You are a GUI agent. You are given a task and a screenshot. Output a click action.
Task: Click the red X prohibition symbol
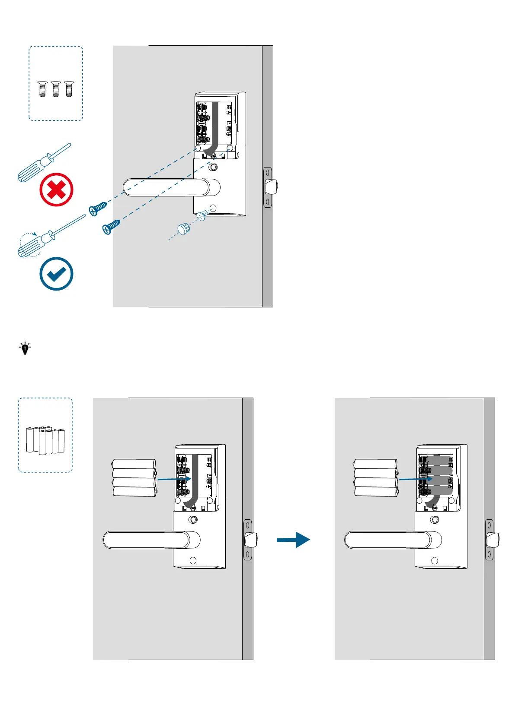pyautogui.click(x=56, y=190)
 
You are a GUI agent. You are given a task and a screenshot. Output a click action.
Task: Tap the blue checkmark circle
pyautogui.click(x=56, y=274)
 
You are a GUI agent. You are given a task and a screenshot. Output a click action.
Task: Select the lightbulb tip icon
pyautogui.click(x=25, y=348)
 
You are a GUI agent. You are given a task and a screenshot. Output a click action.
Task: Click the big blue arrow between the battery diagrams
pyautogui.click(x=294, y=540)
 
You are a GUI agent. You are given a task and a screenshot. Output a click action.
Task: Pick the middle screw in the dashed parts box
pyautogui.click(x=55, y=89)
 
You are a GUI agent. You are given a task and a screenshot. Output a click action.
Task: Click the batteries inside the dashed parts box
pyautogui.click(x=45, y=440)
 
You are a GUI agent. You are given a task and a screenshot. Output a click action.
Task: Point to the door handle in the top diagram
pyautogui.click(x=169, y=187)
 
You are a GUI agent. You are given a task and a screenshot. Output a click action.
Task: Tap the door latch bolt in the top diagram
pyautogui.click(x=271, y=187)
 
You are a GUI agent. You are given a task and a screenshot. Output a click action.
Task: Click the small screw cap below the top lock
pyautogui.click(x=184, y=228)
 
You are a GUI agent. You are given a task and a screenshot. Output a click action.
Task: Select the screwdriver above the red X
pyautogui.click(x=44, y=162)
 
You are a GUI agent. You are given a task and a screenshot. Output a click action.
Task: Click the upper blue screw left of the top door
pyautogui.click(x=98, y=209)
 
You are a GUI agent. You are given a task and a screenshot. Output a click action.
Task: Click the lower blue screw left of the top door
pyautogui.click(x=111, y=227)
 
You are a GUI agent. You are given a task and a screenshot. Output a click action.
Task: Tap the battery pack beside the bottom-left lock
pyautogui.click(x=134, y=478)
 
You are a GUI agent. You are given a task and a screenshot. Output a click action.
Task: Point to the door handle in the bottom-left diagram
pyautogui.click(x=149, y=540)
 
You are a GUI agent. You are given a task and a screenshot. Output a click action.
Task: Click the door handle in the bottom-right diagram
pyautogui.click(x=391, y=540)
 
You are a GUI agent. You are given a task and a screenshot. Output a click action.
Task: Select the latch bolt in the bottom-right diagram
pyautogui.click(x=493, y=540)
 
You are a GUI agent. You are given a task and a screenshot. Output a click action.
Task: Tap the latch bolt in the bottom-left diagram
pyautogui.click(x=251, y=540)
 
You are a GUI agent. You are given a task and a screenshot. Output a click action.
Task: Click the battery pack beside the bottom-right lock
pyautogui.click(x=375, y=478)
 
